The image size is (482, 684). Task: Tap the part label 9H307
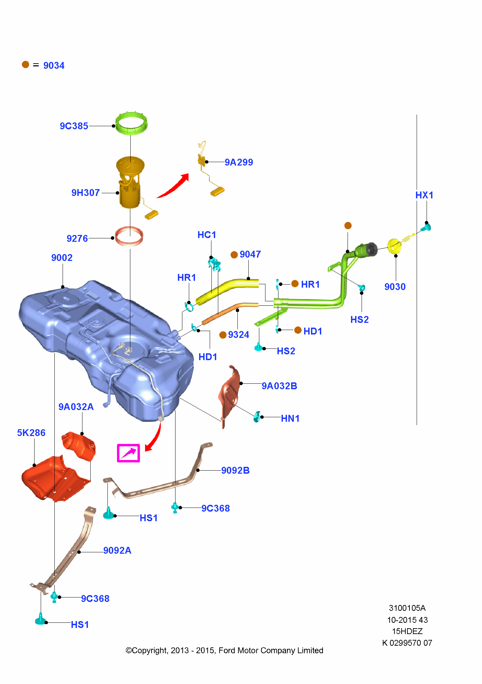(86, 193)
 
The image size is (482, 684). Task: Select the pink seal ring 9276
(129, 236)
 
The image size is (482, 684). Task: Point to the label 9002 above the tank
(62, 258)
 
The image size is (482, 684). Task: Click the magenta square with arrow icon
(128, 453)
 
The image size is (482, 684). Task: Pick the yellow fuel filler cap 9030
(394, 246)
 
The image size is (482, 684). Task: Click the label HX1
(424, 195)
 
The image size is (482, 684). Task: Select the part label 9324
(238, 334)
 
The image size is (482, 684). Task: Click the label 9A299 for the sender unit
(239, 162)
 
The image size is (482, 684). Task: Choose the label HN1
(290, 418)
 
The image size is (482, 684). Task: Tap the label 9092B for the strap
(235, 470)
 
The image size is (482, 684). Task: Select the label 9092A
(117, 550)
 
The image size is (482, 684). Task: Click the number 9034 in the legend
(54, 65)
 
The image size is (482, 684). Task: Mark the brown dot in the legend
(25, 65)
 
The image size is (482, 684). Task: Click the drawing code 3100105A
(407, 608)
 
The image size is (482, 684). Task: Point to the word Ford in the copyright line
(228, 650)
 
